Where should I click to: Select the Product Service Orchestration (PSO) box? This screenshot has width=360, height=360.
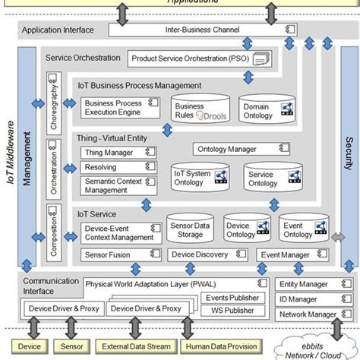199,58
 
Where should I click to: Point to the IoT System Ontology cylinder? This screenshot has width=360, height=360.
194,179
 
